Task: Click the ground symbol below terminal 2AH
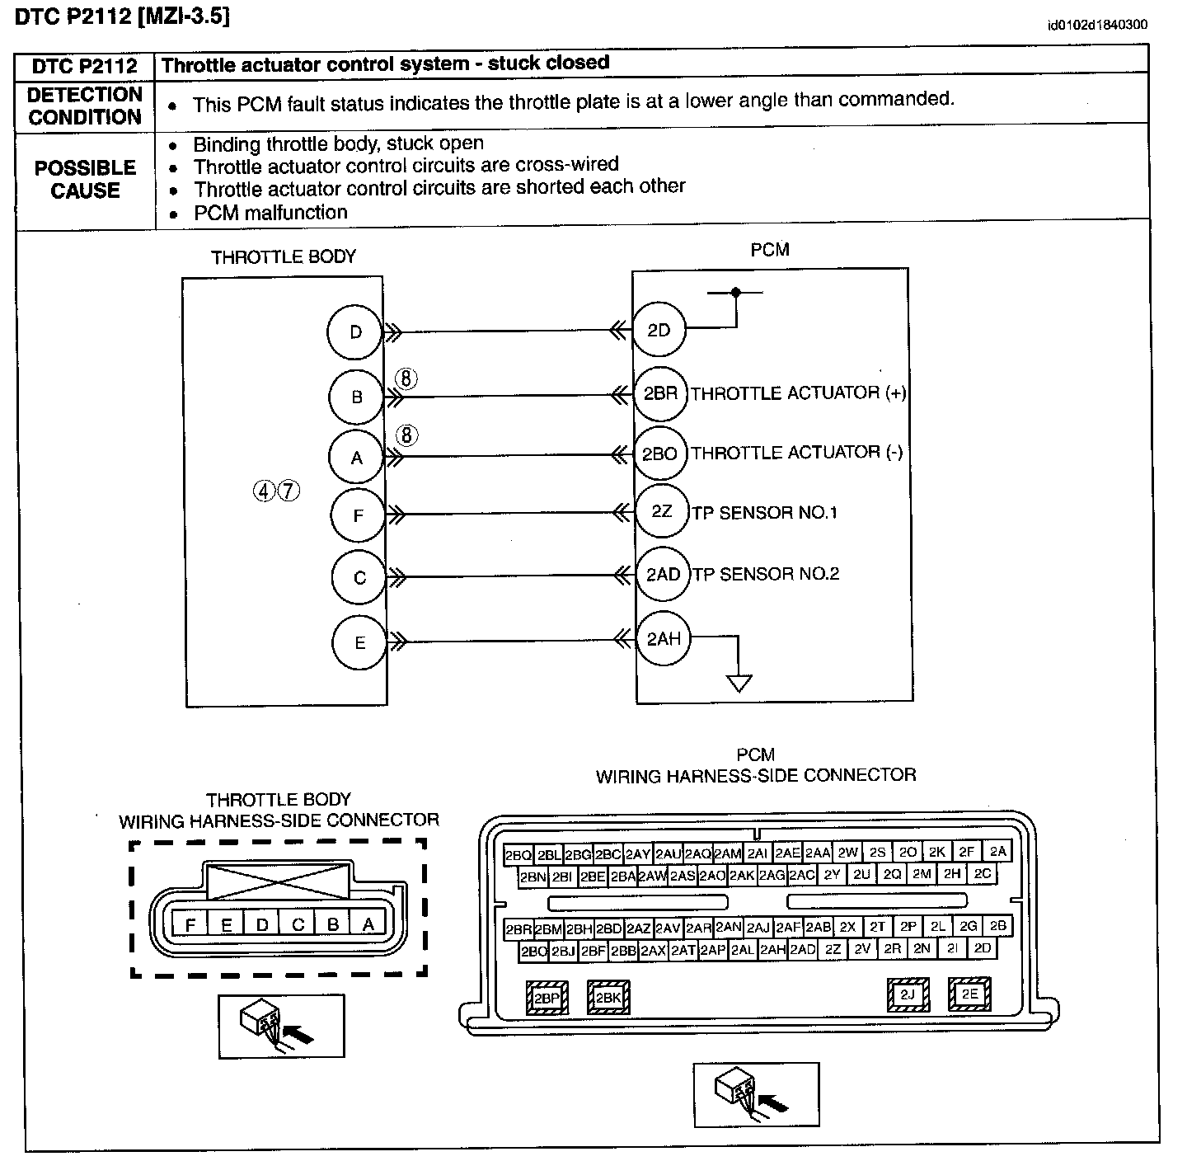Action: coord(739,684)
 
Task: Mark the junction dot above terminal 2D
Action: coord(735,292)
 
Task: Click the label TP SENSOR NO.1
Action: coord(764,513)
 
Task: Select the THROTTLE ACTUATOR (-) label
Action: coord(796,452)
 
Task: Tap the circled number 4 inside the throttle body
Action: coord(264,491)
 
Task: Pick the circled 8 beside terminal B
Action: coord(406,378)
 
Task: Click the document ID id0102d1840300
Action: coord(1097,25)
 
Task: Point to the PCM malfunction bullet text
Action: coord(270,212)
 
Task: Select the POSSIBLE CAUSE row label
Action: coord(85,179)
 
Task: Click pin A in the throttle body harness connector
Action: coord(368,924)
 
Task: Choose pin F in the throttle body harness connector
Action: coord(190,925)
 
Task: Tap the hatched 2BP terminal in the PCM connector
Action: coord(547,998)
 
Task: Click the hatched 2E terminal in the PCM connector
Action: coord(969,994)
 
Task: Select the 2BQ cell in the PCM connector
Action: coord(518,855)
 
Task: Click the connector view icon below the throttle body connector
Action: coord(281,1026)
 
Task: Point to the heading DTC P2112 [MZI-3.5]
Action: coord(122,16)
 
